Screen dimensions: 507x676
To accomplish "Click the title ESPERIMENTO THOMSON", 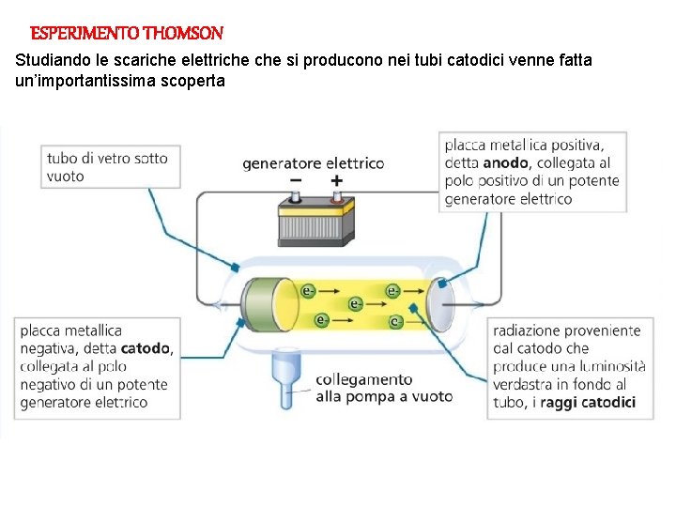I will [x=127, y=34].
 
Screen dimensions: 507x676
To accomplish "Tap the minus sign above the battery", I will [x=296, y=180].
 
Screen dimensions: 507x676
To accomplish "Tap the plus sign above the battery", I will [x=336, y=180].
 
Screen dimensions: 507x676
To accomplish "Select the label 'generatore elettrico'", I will [x=313, y=163].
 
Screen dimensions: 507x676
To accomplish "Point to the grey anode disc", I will [x=442, y=300].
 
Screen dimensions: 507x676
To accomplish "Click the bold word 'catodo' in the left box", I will [x=146, y=348].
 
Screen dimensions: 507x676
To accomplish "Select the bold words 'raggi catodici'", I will [x=595, y=402].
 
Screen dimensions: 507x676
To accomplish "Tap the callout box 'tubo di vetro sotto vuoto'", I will [x=110, y=167].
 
